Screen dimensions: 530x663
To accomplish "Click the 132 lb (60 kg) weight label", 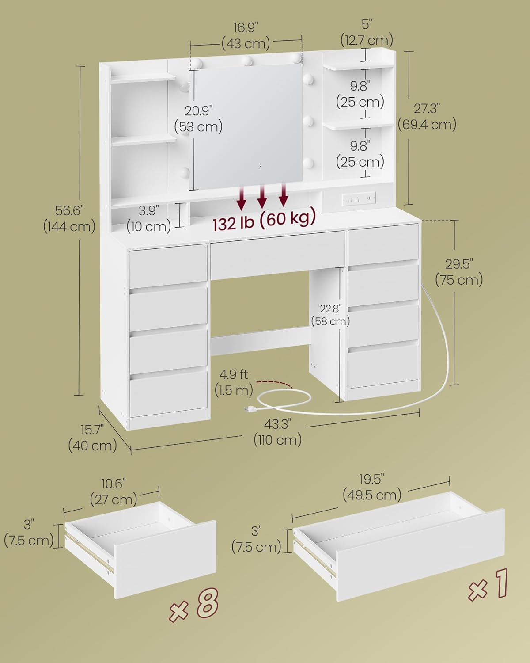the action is tap(264, 219).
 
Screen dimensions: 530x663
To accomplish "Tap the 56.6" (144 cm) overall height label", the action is tap(69, 219).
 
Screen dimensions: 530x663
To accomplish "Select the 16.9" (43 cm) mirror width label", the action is tap(246, 35).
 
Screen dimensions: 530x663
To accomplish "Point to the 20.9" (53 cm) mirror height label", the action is tap(199, 118).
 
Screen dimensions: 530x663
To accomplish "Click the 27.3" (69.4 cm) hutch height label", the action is tap(427, 116).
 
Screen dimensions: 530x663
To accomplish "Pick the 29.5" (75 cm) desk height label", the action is tap(459, 272).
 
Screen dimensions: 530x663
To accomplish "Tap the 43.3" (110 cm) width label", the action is tap(278, 432).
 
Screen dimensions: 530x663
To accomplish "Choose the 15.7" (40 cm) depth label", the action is tap(92, 438).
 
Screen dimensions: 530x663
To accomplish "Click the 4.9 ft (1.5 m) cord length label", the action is tap(234, 382).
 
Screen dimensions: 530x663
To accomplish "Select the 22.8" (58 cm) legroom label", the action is tap(330, 315).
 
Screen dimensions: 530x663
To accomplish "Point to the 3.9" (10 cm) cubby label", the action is tap(149, 219).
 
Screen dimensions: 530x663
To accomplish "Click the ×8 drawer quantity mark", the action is tap(194, 603).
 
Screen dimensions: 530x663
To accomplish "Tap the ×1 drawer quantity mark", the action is tap(488, 584).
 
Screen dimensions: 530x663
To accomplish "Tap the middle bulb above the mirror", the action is tap(247, 61).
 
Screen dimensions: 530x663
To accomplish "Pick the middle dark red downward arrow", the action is tap(262, 196).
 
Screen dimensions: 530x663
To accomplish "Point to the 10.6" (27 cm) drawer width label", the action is tap(114, 492).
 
